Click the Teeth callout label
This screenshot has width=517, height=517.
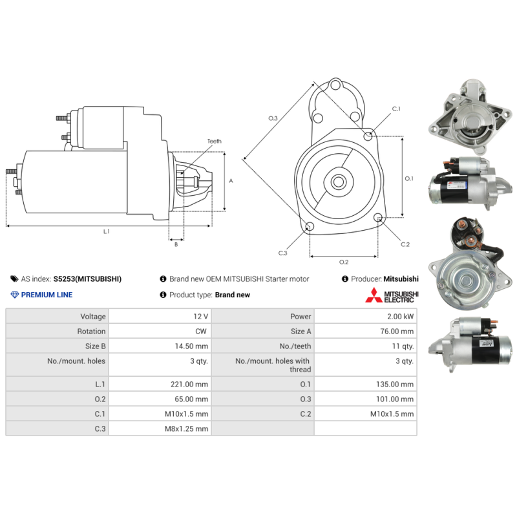tap(215, 141)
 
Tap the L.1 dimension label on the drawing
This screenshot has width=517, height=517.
tap(107, 231)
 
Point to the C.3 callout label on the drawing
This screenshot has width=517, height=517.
tap(282, 253)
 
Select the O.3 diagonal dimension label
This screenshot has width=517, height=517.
tap(273, 118)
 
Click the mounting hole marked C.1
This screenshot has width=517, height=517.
tap(368, 136)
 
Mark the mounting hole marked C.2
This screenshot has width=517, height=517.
tap(379, 217)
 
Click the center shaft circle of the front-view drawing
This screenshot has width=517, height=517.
tap(338, 182)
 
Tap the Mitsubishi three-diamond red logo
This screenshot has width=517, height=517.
tap(374, 295)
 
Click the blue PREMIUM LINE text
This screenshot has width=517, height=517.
tap(47, 295)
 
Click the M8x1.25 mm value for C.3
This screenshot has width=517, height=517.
tap(186, 428)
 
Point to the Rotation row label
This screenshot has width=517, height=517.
tap(91, 332)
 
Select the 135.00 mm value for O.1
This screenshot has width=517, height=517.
tap(395, 384)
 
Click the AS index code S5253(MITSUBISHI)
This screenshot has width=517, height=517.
tap(87, 279)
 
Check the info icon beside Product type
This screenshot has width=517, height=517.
tap(163, 295)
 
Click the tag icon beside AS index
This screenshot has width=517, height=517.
tap(14, 279)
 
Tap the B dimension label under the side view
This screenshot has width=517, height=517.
tap(176, 244)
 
